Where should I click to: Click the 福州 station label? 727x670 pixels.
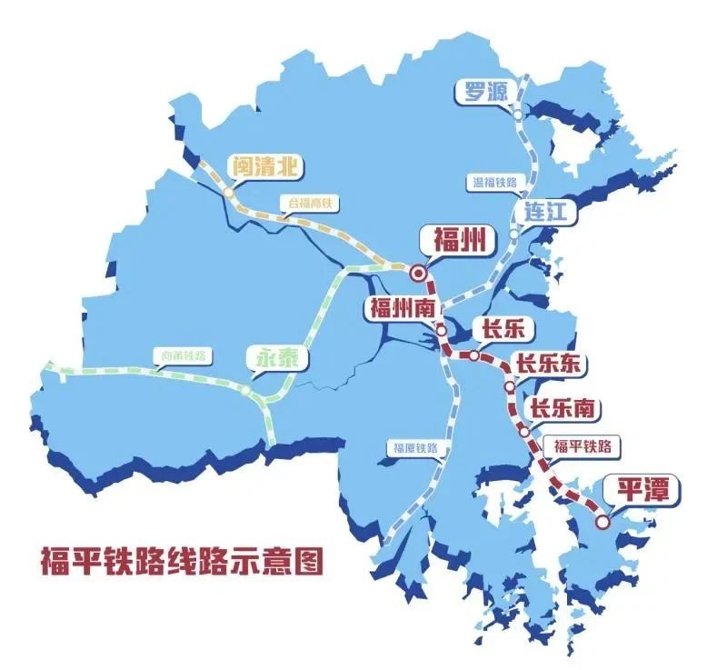click(x=452, y=242)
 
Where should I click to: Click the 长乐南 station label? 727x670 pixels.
click(x=563, y=409)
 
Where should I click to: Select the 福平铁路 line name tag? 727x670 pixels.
click(x=582, y=446)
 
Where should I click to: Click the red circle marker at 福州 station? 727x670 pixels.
click(x=418, y=272)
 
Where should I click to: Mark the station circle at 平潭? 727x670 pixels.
click(x=603, y=522)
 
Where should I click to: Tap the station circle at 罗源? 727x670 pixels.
click(x=517, y=115)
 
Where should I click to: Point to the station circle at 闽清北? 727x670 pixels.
click(x=228, y=194)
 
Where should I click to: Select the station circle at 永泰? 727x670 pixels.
click(x=245, y=390)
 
